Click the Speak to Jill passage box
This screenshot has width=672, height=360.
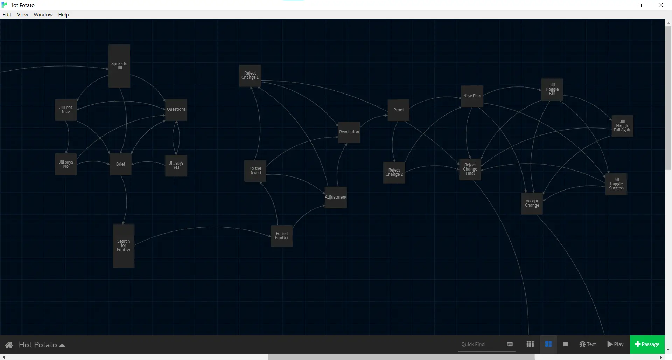point(119,66)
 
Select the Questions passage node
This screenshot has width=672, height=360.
point(176,110)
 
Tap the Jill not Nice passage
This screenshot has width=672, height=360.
point(66,110)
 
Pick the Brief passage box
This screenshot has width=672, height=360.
point(120,164)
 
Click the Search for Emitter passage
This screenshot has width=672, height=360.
point(124,246)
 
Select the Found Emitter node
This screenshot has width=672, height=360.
point(282,236)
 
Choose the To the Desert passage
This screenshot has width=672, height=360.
point(255,171)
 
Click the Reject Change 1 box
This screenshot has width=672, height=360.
point(250,76)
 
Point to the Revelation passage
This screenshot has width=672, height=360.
point(349,132)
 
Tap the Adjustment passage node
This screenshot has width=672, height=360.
point(336,198)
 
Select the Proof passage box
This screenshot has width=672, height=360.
point(398,110)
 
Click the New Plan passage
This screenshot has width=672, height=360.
point(472,96)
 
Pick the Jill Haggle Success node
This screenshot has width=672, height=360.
point(616,184)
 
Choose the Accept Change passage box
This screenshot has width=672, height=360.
point(532,203)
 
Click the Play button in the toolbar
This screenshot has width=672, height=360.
point(615,345)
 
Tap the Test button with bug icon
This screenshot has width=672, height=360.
point(588,345)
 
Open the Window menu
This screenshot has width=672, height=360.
point(43,15)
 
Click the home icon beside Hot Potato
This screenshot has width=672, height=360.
point(9,345)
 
